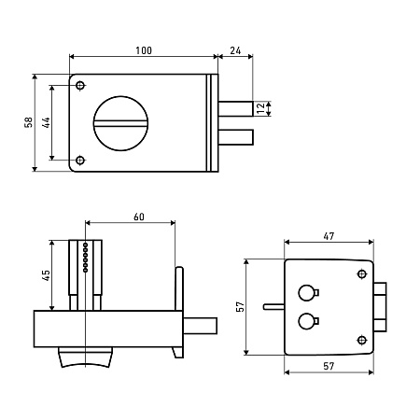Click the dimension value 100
(x=144, y=50)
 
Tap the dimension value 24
(x=235, y=50)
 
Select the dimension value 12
(x=261, y=107)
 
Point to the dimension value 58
(x=28, y=122)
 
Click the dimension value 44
(x=46, y=123)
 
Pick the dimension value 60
(x=139, y=217)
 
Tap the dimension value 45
(x=46, y=275)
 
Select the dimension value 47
(x=329, y=236)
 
